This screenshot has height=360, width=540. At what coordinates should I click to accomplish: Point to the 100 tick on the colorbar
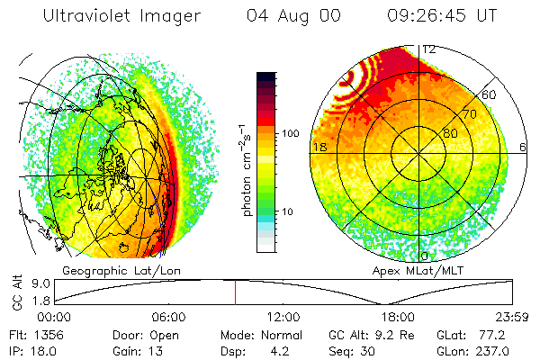290,133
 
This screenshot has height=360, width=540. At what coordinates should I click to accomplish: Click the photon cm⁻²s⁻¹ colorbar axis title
247,170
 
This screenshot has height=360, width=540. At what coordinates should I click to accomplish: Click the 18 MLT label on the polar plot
318,146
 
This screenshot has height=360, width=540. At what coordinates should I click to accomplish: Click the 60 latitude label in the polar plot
490,94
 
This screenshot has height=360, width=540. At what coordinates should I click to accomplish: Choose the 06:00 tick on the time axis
168,317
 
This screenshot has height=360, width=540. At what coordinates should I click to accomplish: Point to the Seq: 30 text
354,351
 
